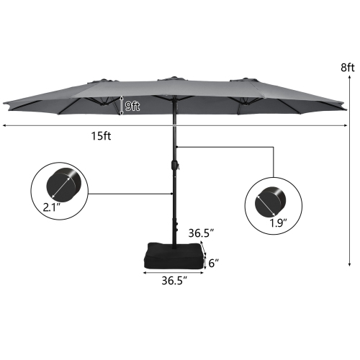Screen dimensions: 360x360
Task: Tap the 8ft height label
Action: point(348,68)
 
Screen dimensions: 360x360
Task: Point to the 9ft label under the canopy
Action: point(132,105)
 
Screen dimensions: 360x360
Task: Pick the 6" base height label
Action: point(214,264)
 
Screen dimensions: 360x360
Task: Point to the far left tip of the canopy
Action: point(4,107)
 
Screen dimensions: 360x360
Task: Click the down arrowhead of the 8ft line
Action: point(350,263)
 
